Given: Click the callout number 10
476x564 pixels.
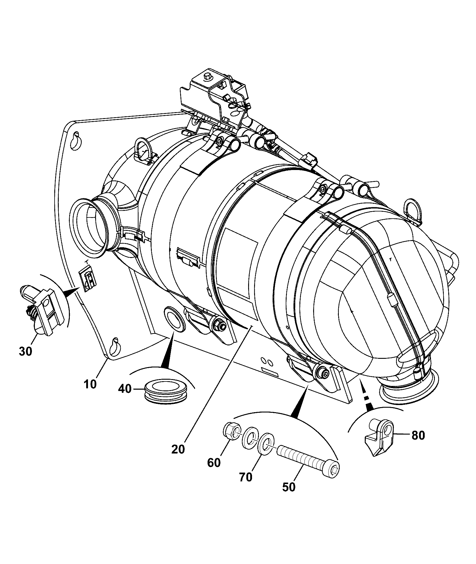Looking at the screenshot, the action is [90, 384].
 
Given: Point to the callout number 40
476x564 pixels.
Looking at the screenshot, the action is [125, 389].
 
